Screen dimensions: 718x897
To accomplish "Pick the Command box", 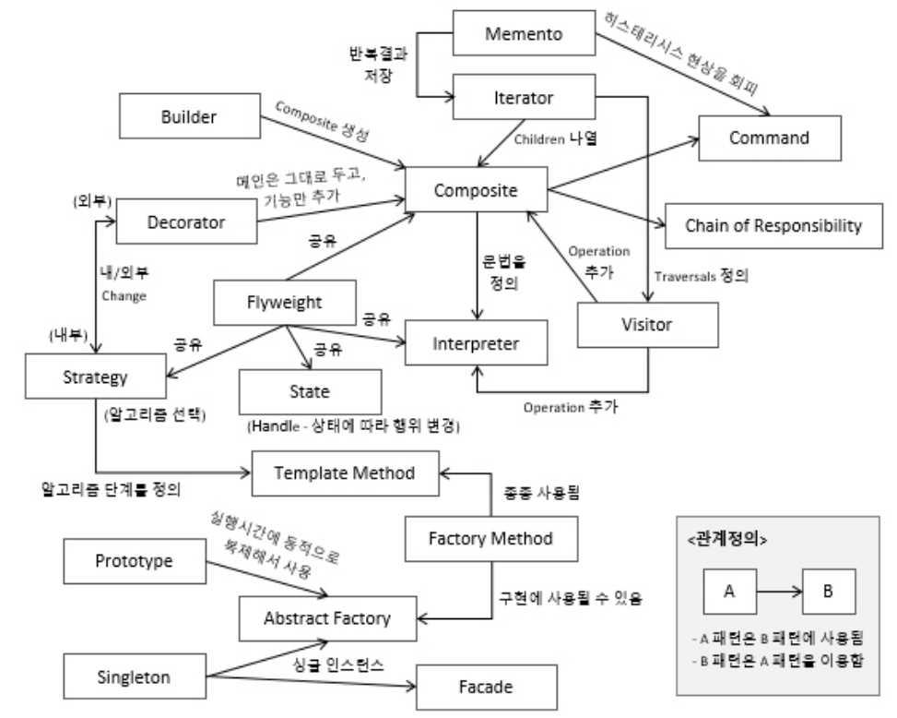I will click(x=769, y=138).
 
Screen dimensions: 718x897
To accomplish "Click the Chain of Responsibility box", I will click(x=773, y=224).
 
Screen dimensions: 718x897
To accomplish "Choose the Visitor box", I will click(x=646, y=325).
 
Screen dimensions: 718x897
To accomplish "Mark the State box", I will click(x=309, y=390).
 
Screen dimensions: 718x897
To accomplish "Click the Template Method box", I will click(x=345, y=473).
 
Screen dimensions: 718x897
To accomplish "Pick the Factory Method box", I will click(x=491, y=536).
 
